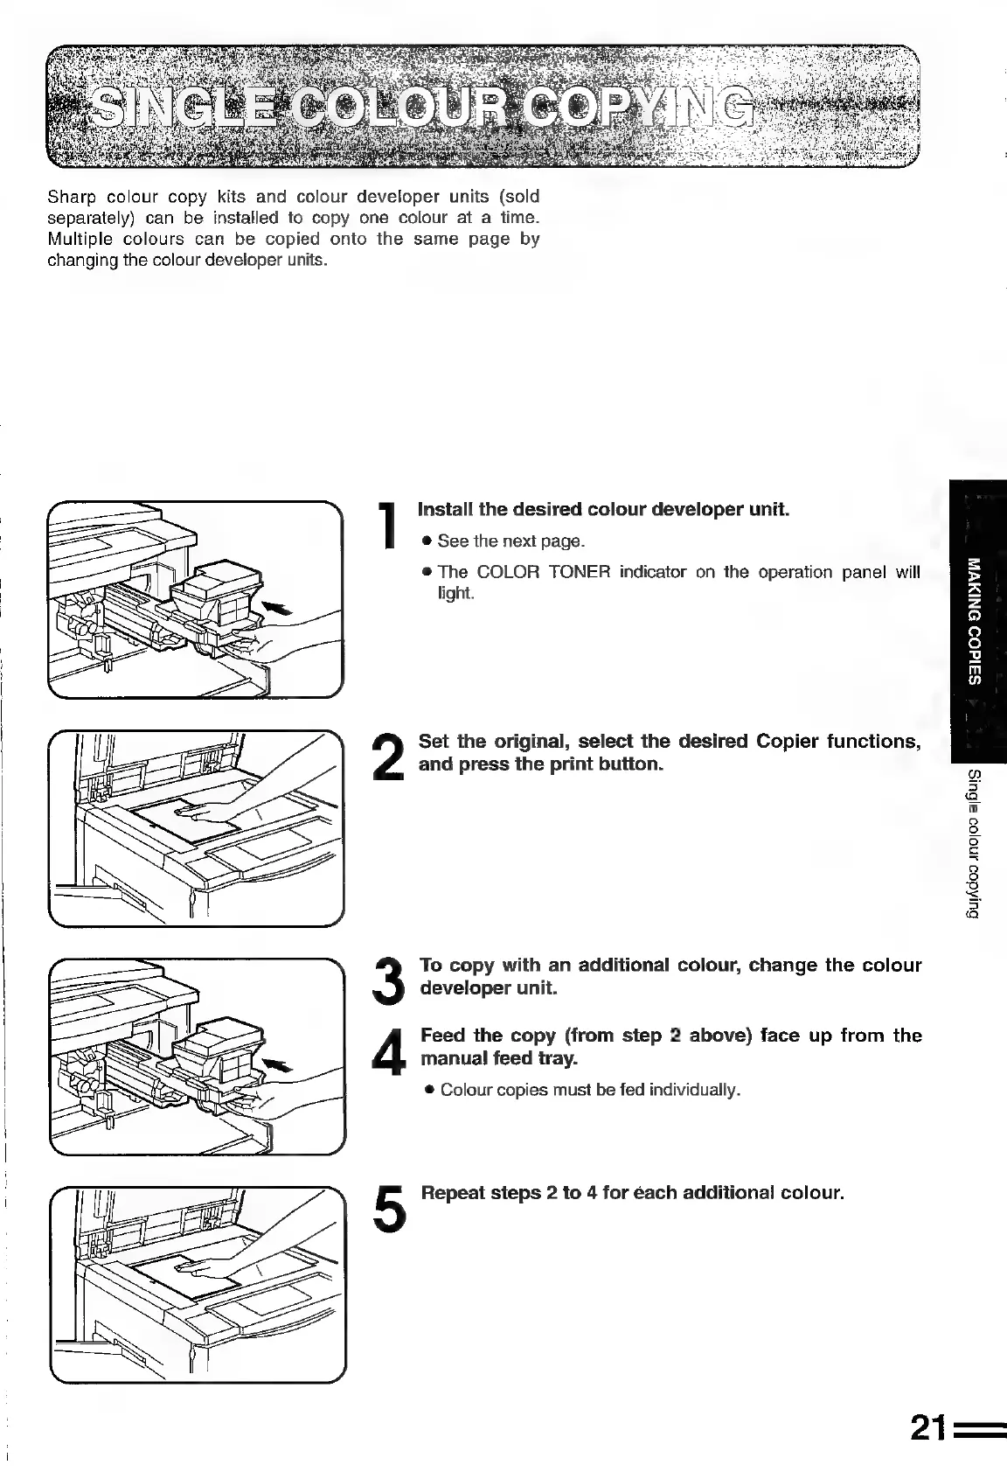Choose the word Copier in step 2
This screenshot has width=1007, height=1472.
[788, 742]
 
